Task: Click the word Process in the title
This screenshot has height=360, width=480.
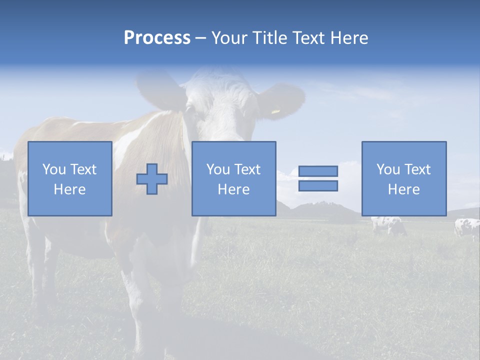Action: tap(157, 38)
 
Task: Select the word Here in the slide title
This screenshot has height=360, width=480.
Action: tap(349, 38)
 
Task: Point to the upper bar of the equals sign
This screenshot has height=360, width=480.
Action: tap(318, 171)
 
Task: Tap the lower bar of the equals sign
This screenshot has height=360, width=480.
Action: tap(318, 186)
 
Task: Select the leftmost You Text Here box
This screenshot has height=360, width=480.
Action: tap(69, 179)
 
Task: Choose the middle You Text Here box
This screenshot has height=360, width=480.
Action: tap(233, 179)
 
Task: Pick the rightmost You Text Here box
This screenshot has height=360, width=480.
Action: tap(403, 179)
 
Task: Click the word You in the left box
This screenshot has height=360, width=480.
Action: tap(53, 169)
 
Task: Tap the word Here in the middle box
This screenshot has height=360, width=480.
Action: tap(233, 189)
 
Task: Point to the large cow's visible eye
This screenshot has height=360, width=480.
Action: tap(190, 108)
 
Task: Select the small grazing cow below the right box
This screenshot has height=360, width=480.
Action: tap(388, 225)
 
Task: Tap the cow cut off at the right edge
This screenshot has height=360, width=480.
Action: tap(467, 228)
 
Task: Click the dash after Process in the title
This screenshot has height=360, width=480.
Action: tap(201, 38)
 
